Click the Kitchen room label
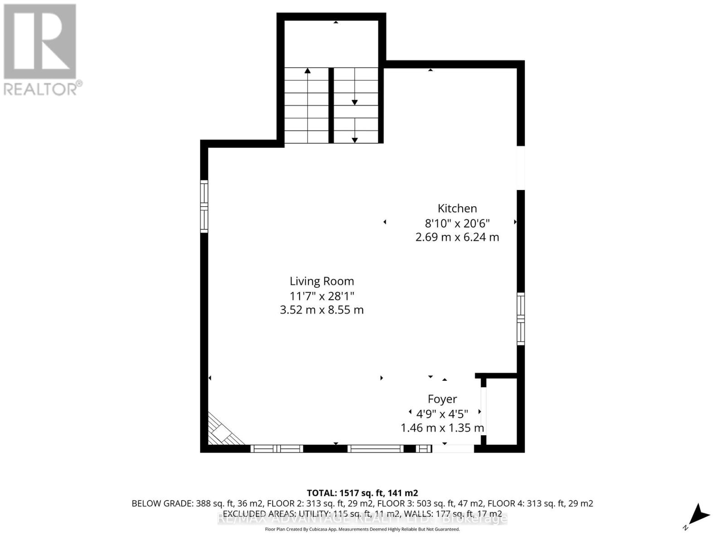pyautogui.click(x=457, y=209)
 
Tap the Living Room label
pyautogui.click(x=322, y=282)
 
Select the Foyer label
pyautogui.click(x=442, y=399)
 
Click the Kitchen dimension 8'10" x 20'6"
pyautogui.click(x=457, y=223)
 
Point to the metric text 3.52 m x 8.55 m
pyautogui.click(x=322, y=310)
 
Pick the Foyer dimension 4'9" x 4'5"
pyautogui.click(x=442, y=413)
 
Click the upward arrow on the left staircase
pyautogui.click(x=308, y=71)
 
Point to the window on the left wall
pyautogui.click(x=204, y=206)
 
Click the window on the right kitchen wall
pyautogui.click(x=521, y=319)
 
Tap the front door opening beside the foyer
pyautogui.click(x=453, y=448)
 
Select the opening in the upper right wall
pyautogui.click(x=521, y=168)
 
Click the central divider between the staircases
pyautogui.click(x=331, y=105)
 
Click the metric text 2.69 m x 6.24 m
pyautogui.click(x=457, y=237)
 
